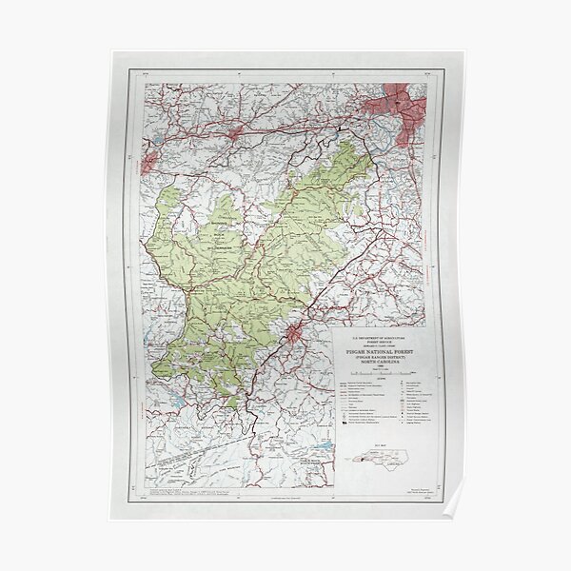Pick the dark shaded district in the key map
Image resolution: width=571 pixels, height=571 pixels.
click(x=364, y=461)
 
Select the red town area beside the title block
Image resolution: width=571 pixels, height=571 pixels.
click(x=297, y=334)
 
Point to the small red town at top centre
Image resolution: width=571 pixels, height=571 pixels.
click(x=234, y=134)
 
